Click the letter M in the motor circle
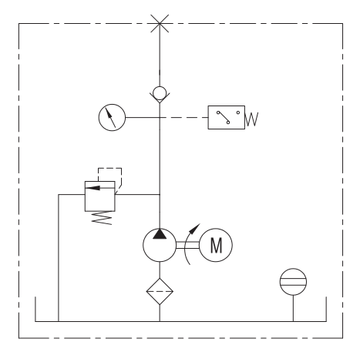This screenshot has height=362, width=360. (216, 246)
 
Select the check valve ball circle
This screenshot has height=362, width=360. (160, 93)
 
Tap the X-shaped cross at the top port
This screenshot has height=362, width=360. (160, 24)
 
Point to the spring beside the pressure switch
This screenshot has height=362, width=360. (252, 119)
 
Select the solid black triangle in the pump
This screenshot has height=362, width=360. (160, 234)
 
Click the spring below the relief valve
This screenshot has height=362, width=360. (102, 218)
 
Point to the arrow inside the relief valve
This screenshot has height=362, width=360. (100, 188)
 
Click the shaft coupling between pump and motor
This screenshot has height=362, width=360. (188, 245)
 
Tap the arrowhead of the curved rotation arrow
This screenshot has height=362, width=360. (195, 228)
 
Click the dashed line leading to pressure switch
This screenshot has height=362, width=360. (184, 117)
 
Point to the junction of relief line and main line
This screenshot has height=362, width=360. (160, 194)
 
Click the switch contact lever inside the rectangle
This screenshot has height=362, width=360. (223, 117)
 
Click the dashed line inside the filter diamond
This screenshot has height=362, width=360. (160, 291)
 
